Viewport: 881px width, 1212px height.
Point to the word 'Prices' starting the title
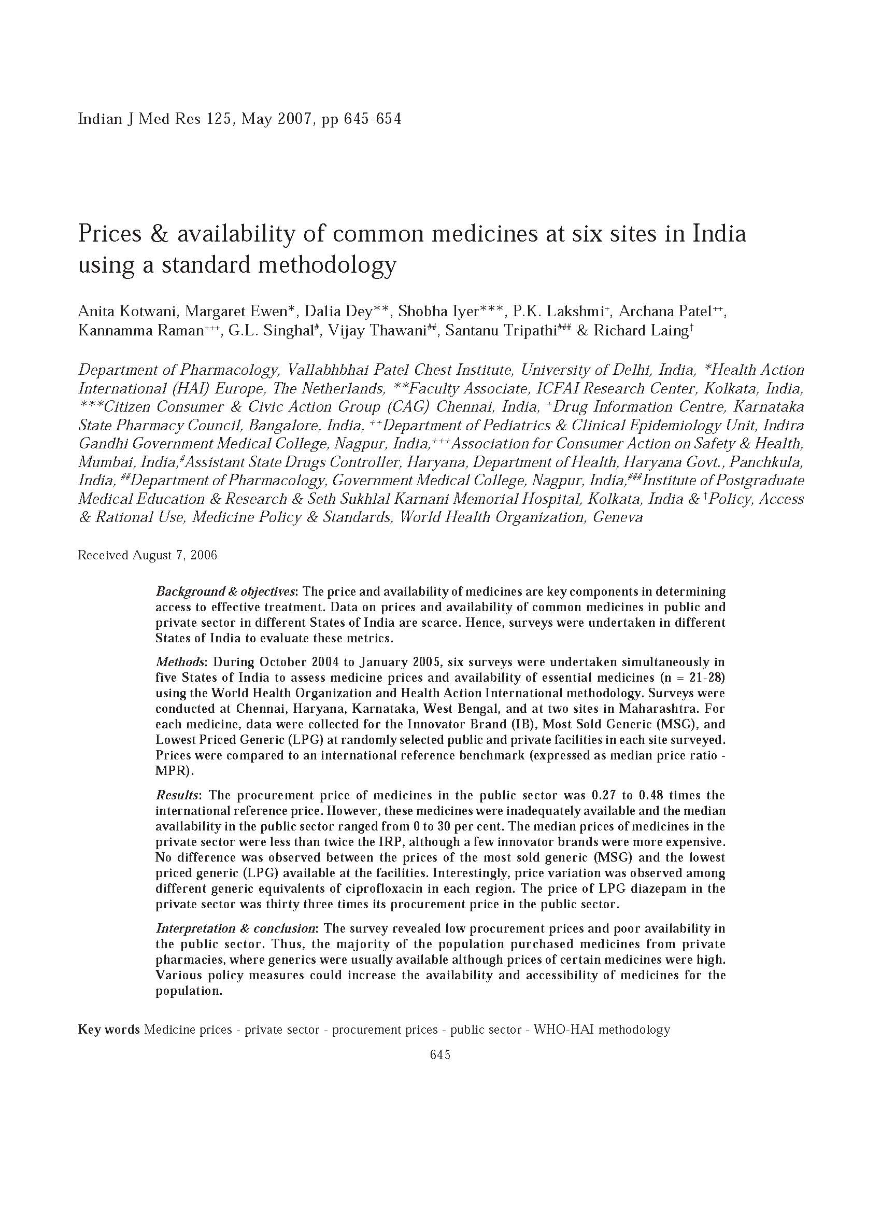[110, 234]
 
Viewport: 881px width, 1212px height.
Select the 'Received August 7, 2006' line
[148, 555]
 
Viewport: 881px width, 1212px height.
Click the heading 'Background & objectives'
[225, 591]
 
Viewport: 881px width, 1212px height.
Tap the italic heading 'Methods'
[179, 662]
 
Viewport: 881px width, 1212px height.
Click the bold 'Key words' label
[109, 1030]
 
